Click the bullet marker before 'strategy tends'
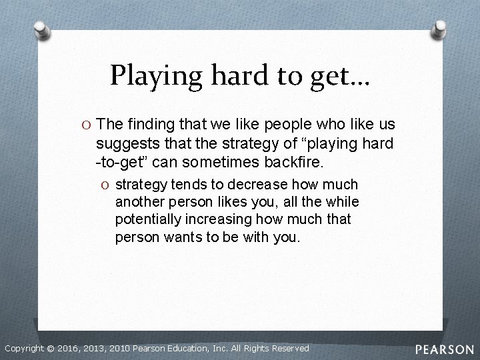click(106, 185)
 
